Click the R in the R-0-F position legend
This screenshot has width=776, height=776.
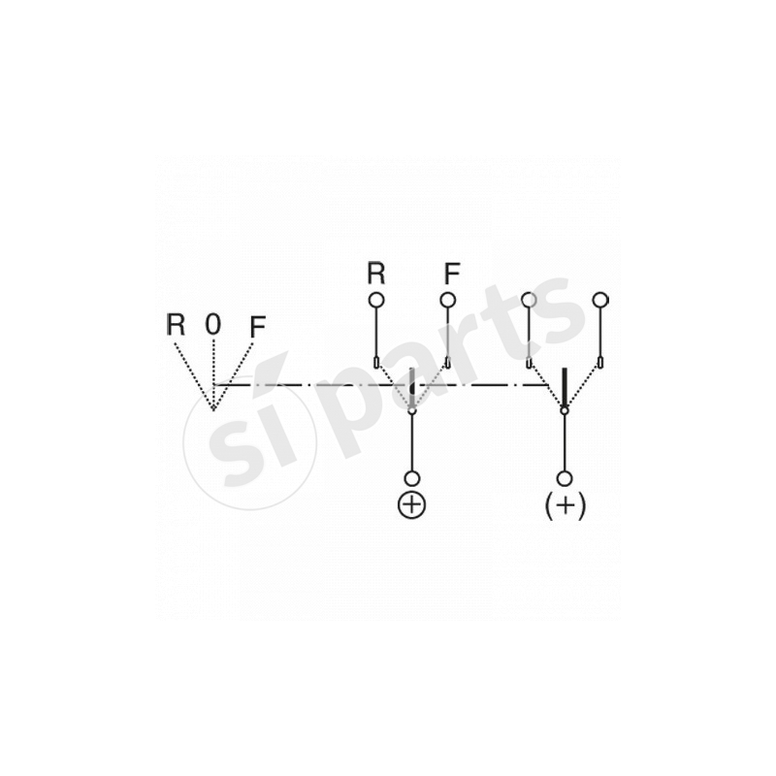pos(176,324)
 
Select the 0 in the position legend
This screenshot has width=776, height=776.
pos(212,324)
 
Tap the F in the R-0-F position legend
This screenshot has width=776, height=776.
pos(258,327)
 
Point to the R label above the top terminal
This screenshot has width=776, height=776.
pos(376,273)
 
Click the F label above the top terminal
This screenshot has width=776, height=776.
pos(452,273)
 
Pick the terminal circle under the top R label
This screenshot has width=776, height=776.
pos(376,300)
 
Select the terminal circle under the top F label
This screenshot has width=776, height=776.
pos(447,300)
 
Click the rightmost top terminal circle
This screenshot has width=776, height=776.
pos(600,300)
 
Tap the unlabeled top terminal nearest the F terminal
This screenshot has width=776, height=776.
pos(529,300)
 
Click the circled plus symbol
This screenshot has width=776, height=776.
pos(411,504)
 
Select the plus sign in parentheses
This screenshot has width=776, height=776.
pos(566,505)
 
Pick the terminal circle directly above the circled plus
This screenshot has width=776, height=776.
pos(411,478)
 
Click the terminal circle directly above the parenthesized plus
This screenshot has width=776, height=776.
pos(565,478)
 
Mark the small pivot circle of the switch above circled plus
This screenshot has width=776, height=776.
pos(411,410)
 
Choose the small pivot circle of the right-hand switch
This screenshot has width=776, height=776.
pos(565,410)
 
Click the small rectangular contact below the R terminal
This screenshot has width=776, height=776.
pos(376,363)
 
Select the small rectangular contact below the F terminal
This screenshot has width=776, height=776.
pos(447,363)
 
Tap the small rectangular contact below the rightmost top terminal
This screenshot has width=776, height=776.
pos(600,363)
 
